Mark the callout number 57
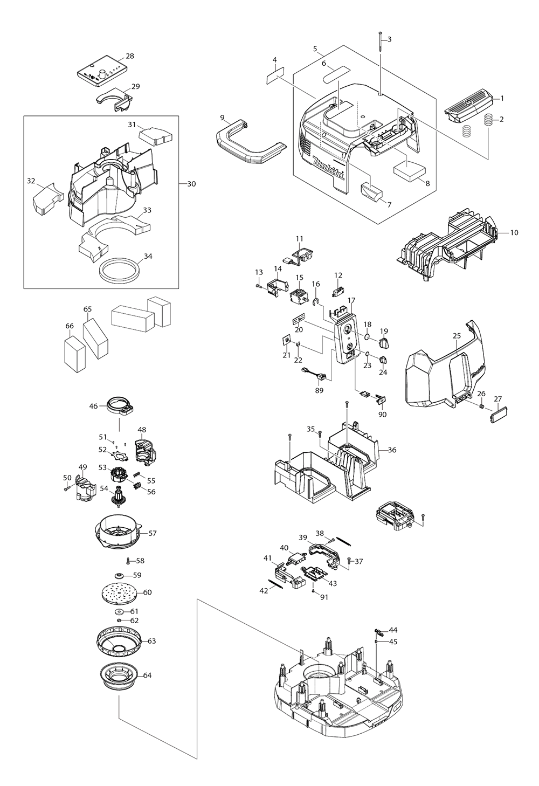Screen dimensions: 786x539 coord(153,533)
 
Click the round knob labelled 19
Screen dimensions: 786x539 coord(383,343)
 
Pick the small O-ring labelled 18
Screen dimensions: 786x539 coord(367,337)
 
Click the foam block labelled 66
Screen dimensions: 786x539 coord(74,353)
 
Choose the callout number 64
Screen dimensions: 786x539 coord(148,675)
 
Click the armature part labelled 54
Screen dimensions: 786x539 coord(116,496)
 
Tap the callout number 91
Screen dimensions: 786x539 coord(323,597)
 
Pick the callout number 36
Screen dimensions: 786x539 coord(392,450)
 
